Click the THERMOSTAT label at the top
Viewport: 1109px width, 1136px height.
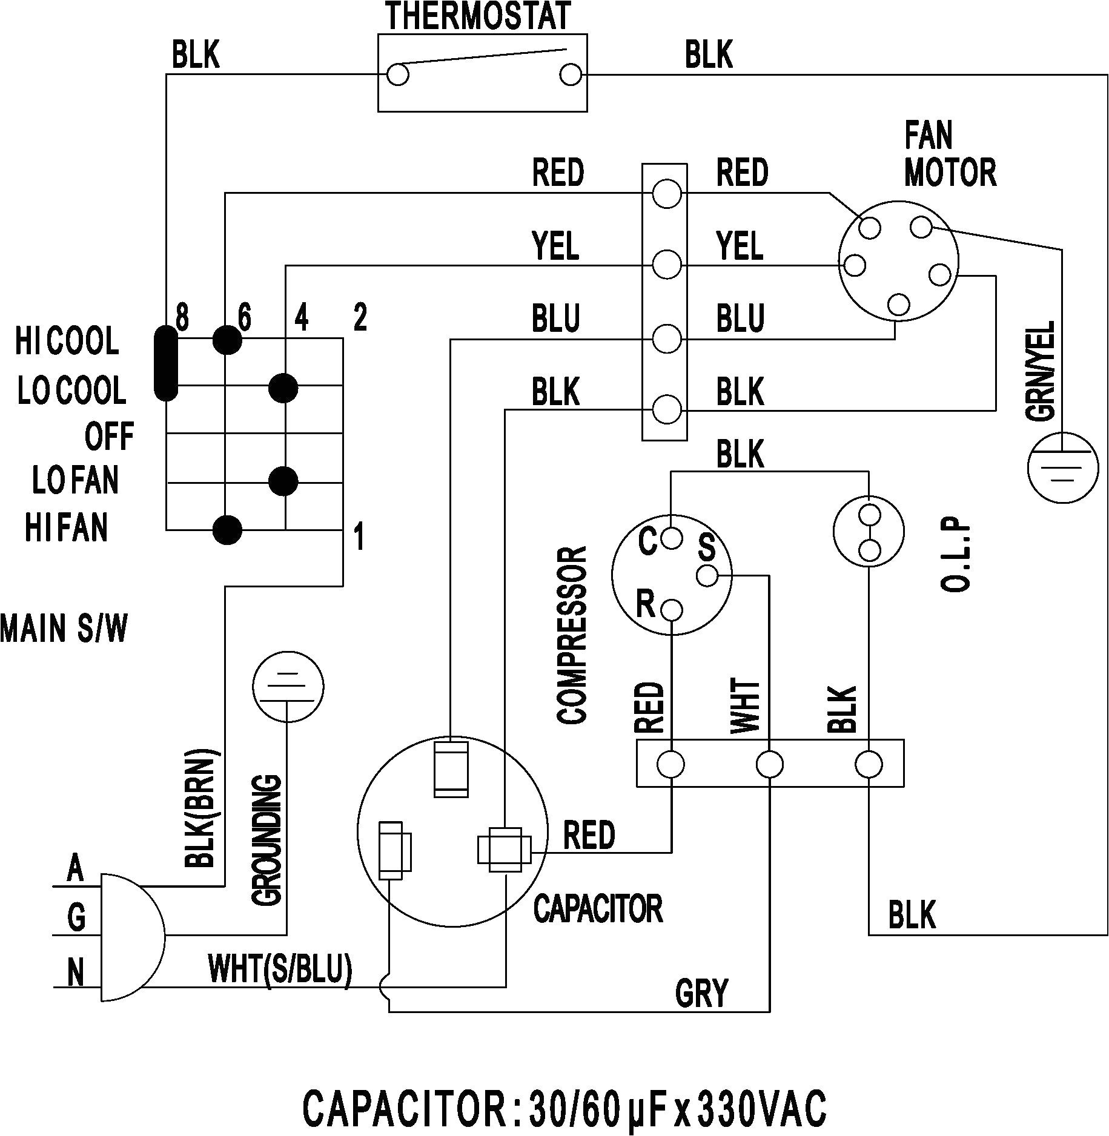click(x=478, y=16)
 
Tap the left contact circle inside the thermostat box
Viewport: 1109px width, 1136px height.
click(x=398, y=75)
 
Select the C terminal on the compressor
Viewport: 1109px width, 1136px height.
click(x=671, y=537)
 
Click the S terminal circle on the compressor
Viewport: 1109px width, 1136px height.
click(x=707, y=575)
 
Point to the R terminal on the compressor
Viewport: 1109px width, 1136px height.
click(x=672, y=609)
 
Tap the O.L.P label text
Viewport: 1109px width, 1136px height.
click(x=956, y=555)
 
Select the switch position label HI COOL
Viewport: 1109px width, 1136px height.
click(x=67, y=342)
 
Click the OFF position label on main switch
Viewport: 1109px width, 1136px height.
click(x=109, y=436)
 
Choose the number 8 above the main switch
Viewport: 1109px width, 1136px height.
click(x=182, y=317)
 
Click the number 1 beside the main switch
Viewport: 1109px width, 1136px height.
click(x=359, y=537)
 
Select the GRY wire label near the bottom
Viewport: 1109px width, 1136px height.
click(x=701, y=992)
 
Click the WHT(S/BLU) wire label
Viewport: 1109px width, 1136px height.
click(x=280, y=968)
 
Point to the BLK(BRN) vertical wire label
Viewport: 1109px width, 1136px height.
click(x=199, y=809)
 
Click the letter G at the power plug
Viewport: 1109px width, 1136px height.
click(x=76, y=917)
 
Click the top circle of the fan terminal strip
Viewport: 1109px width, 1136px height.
click(x=667, y=194)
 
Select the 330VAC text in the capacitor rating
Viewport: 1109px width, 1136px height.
click(x=762, y=1107)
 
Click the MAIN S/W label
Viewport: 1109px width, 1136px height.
click(x=64, y=629)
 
